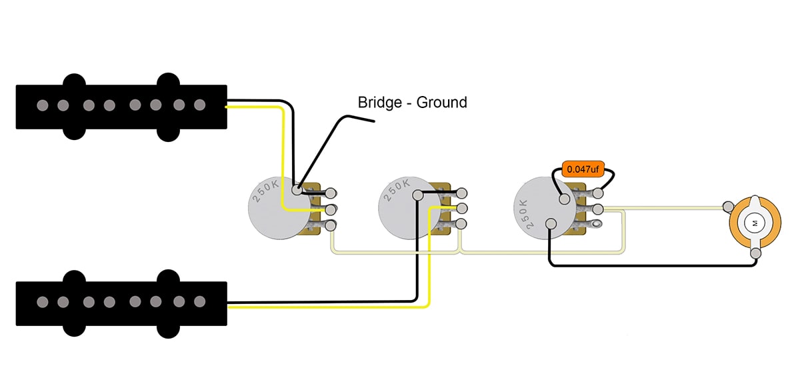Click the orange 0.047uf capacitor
(583, 169)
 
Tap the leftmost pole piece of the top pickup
(43, 105)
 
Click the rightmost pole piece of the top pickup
(199, 105)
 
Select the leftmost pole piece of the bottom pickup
(43, 302)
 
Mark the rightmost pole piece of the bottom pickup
(199, 302)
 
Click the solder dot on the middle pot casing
(417, 195)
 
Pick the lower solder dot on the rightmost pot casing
(550, 224)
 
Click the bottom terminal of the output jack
(755, 253)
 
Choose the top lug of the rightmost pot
(598, 193)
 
